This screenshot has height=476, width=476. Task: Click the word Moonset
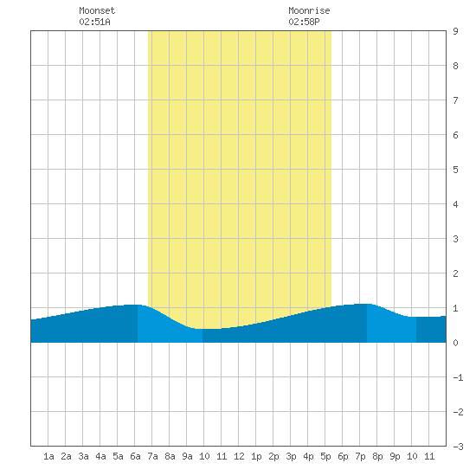point(97,10)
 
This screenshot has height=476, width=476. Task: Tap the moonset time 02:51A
point(94,22)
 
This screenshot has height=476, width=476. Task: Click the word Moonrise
point(309,10)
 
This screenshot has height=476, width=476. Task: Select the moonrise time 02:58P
point(304,22)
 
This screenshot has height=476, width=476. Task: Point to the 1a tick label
point(48,456)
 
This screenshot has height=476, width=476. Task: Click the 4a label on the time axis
point(100,456)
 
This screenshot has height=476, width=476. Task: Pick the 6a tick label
point(135,456)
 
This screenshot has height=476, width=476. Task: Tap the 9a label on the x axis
point(187,456)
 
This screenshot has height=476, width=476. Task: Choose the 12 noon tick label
point(239,456)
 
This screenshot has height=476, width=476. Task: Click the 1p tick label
point(256,456)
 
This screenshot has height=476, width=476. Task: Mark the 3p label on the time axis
point(291,456)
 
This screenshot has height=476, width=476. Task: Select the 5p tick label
point(325,456)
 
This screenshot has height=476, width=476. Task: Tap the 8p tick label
point(377,456)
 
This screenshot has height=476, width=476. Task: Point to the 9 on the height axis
point(455,31)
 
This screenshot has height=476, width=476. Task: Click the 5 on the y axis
point(455,170)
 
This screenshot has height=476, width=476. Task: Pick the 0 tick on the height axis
point(455,343)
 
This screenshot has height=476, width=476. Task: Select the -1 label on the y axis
point(458,377)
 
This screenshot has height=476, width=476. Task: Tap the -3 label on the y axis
point(458,447)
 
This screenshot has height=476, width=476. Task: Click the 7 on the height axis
point(455,100)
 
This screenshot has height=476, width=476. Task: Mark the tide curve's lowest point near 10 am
point(203,329)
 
